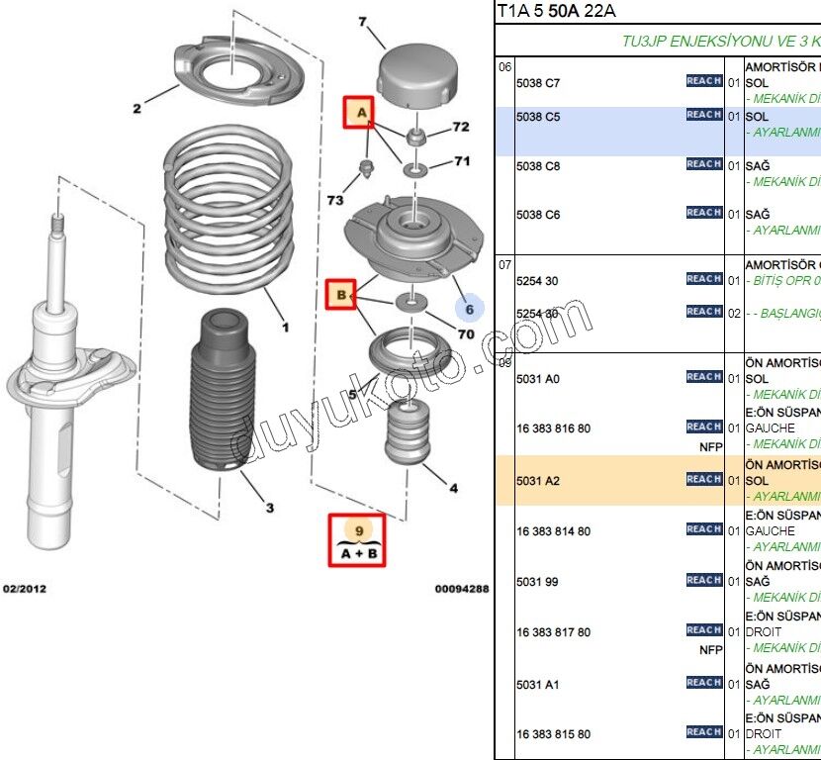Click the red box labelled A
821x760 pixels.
pyautogui.click(x=359, y=113)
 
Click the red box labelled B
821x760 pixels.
pyautogui.click(x=341, y=295)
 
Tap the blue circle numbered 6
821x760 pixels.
pyautogui.click(x=470, y=309)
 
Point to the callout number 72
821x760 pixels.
pyautogui.click(x=461, y=127)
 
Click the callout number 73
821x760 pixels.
pyautogui.click(x=335, y=200)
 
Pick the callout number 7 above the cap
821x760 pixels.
pyautogui.click(x=362, y=22)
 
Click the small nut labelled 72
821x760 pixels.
pyautogui.click(x=416, y=134)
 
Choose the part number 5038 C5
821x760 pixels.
pyautogui.click(x=538, y=117)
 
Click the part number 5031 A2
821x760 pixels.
pyautogui.click(x=538, y=481)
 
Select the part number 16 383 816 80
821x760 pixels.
pyautogui.click(x=553, y=428)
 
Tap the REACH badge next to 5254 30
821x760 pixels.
pyautogui.click(x=703, y=279)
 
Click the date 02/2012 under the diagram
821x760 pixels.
pyautogui.click(x=25, y=589)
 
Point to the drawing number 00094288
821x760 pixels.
pyautogui.click(x=461, y=589)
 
